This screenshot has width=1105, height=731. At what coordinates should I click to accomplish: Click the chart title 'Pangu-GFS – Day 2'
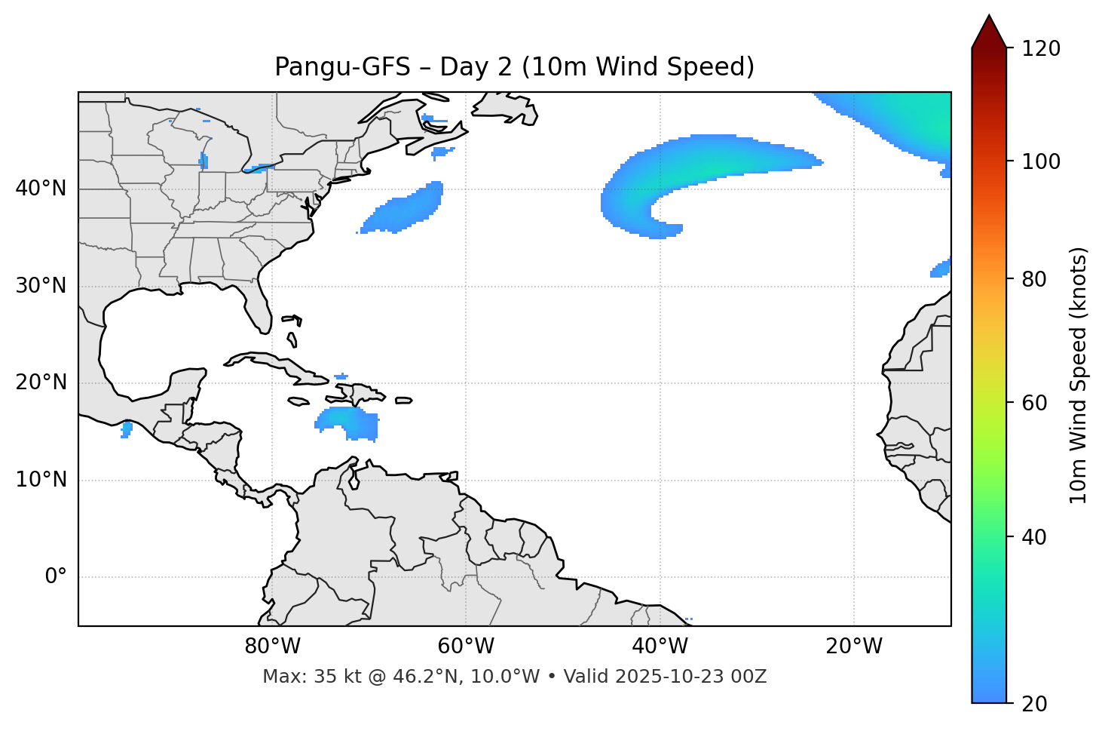514,67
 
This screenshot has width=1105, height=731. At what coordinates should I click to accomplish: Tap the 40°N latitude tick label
41,189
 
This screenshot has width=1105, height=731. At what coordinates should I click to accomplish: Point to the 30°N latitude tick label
41,286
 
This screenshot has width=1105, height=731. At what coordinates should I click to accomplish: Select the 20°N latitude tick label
41,382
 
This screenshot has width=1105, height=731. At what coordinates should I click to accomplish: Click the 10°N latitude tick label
41,480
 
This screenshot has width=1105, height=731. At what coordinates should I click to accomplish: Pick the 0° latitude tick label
56,577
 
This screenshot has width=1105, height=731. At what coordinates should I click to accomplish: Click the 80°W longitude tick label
272,647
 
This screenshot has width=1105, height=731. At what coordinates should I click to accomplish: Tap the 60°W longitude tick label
466,647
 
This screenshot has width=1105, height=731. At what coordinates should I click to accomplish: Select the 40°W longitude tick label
660,647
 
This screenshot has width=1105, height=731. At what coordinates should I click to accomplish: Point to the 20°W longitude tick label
854,647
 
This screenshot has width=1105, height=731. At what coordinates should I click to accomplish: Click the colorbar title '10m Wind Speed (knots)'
1079,375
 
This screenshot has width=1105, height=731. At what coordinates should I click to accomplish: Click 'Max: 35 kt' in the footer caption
295,677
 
